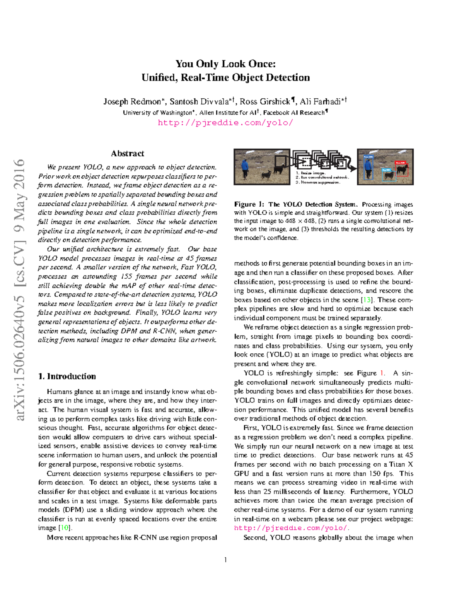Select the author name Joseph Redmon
[132, 101]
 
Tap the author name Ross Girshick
[265, 101]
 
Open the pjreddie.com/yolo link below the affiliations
[225, 123]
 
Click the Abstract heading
[127, 153]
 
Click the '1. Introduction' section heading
[67, 376]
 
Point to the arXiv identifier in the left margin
[19, 289]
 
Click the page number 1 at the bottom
[225, 560]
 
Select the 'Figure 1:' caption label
[249, 204]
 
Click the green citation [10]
[64, 528]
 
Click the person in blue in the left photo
[245, 168]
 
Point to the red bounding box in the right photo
[402, 169]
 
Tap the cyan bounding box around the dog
[388, 175]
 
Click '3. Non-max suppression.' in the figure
[318, 182]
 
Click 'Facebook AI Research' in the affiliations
[293, 113]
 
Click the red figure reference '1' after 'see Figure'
[382, 373]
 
